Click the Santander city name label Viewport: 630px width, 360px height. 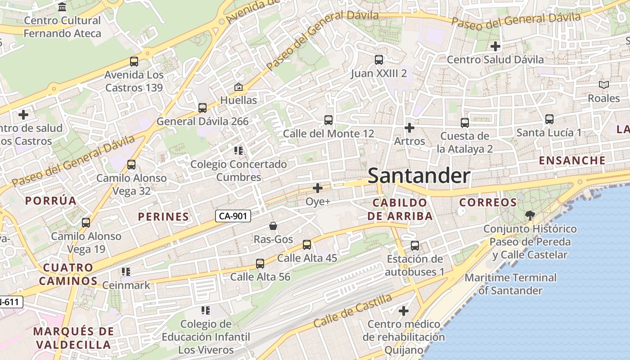pos(419,176)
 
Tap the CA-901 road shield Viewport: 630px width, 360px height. pos(233,216)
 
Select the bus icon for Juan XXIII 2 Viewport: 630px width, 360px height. pos(379,59)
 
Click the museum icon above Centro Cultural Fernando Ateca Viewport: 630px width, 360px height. pos(63,7)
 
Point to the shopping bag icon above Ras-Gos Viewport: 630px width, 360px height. pos(273,225)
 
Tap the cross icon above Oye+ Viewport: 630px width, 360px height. pos(318,188)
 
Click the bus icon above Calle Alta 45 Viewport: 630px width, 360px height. pos(307,244)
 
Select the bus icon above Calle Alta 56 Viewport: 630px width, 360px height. pos(260,263)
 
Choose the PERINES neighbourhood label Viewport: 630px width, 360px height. pos(163,216)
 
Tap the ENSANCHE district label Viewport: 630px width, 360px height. pos(572,160)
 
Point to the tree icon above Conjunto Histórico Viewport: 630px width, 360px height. pos(530,216)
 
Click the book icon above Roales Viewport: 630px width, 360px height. pos(603,85)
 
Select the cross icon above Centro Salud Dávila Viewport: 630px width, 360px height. pos(495,46)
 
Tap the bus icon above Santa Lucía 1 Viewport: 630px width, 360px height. pos(549,119)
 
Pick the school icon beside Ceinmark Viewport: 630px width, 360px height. pos(126,272)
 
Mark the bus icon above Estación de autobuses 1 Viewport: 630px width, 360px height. pos(415,246)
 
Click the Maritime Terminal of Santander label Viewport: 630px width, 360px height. pos(510,284)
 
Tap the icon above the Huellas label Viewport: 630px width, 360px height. pos(238,87)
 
